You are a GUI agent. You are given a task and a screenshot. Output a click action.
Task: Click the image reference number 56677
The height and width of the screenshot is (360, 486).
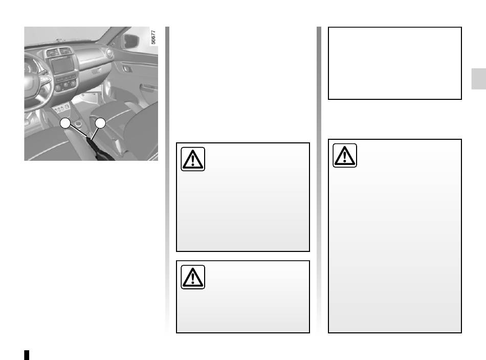click(153, 37)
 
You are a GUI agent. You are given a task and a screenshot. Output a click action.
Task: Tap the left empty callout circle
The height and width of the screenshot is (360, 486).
click(65, 123)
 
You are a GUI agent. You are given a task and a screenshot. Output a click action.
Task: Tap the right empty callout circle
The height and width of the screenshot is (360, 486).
click(100, 123)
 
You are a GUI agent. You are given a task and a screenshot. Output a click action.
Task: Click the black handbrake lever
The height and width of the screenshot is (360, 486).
click(99, 151)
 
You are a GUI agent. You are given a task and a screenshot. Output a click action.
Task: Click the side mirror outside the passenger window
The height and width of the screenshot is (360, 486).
click(131, 41)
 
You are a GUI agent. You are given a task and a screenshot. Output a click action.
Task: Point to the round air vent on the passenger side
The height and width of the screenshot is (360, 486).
click(109, 53)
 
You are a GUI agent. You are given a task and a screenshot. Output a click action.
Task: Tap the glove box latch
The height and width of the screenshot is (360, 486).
click(96, 71)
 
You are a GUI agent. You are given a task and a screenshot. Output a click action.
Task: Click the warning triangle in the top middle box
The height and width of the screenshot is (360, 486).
click(193, 159)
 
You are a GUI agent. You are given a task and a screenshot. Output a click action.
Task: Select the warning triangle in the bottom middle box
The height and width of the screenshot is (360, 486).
click(193, 277)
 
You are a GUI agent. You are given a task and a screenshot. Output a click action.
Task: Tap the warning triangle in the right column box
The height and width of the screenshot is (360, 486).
click(345, 156)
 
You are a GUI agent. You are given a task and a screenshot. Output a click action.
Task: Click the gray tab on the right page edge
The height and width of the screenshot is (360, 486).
click(478, 79)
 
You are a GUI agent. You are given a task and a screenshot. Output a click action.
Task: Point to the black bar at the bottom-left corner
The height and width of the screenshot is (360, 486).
click(27, 355)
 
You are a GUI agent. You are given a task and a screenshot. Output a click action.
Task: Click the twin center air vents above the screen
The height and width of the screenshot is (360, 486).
click(59, 52)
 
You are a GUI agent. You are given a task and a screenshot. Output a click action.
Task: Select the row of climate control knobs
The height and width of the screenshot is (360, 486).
click(65, 84)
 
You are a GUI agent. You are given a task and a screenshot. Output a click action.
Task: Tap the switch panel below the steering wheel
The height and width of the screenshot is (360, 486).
click(62, 108)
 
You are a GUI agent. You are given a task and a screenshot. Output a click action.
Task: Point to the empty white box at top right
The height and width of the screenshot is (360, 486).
click(395, 63)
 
